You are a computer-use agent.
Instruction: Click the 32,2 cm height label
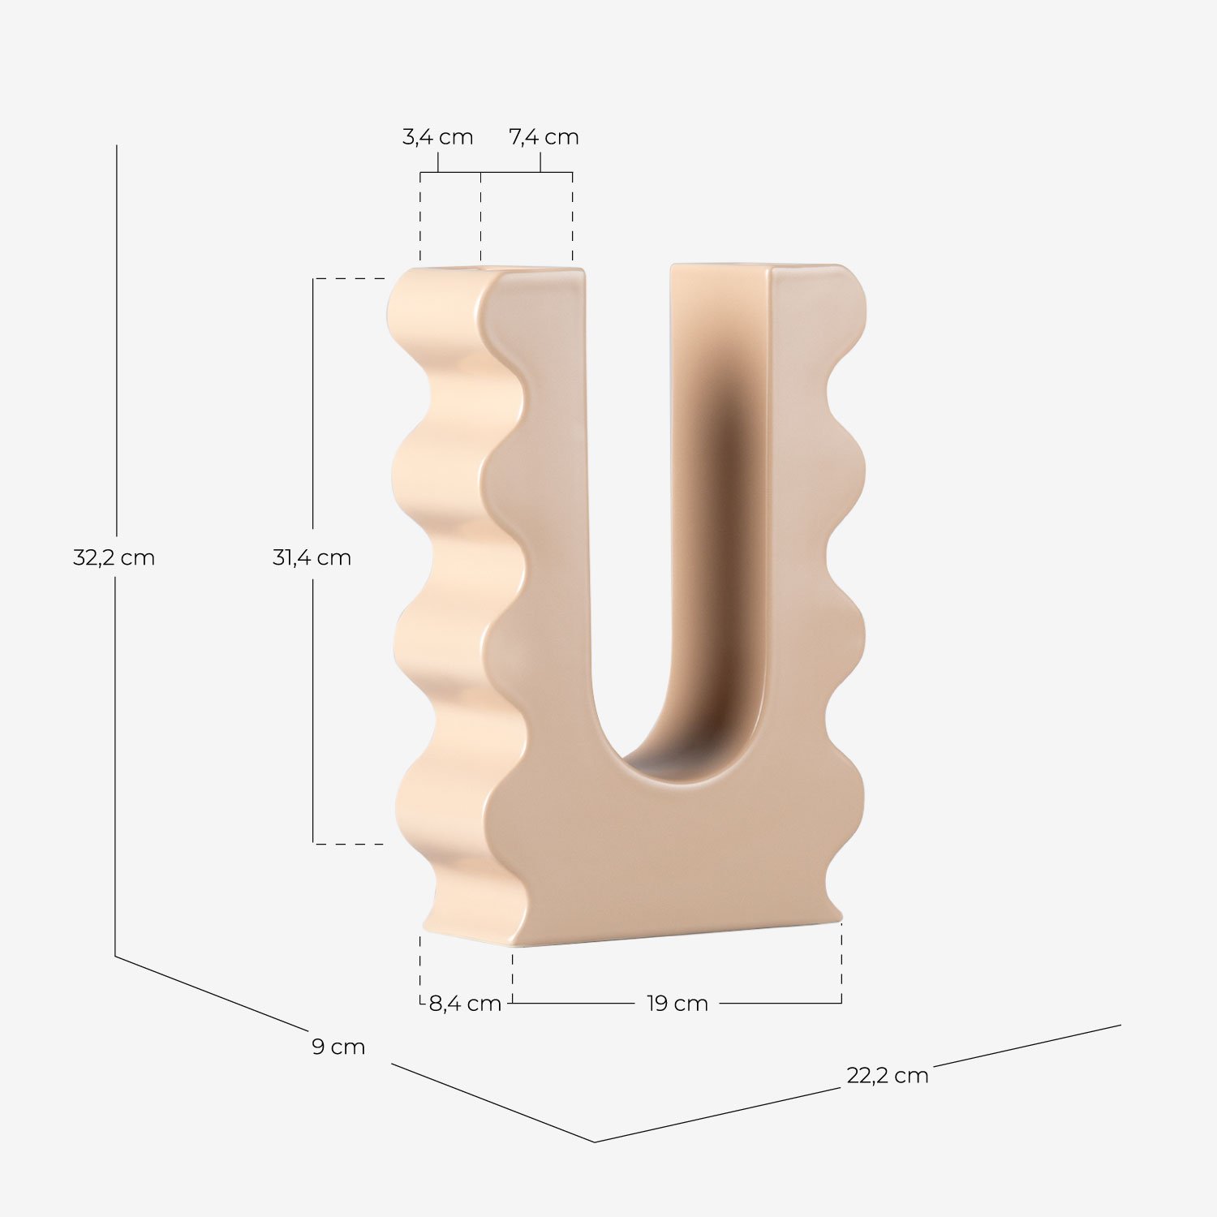click(x=114, y=558)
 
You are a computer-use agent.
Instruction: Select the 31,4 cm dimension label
click(x=312, y=558)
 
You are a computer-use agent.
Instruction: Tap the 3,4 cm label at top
click(x=437, y=137)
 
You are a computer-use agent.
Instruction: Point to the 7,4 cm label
click(x=544, y=137)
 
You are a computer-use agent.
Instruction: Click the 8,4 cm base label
click(x=465, y=1004)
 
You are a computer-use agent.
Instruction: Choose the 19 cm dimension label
click(x=677, y=1004)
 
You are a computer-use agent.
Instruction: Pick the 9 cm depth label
click(x=338, y=1047)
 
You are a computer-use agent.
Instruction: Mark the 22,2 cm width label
click(x=887, y=1076)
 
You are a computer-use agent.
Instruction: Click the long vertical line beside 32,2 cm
click(x=116, y=341)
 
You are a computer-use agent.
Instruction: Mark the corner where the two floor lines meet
click(x=595, y=1142)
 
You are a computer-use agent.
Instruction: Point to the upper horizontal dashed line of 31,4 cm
click(x=349, y=278)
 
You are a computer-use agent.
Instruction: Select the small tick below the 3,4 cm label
click(x=438, y=163)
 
